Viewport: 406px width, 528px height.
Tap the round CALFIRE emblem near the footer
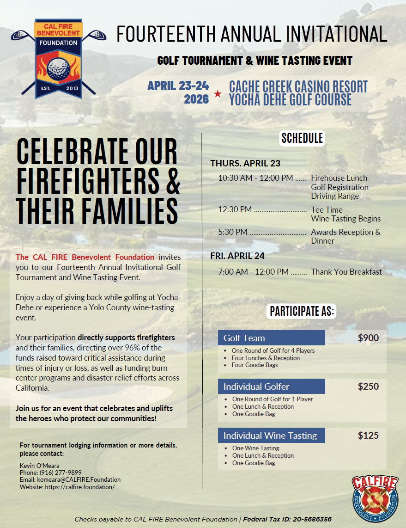tap(374, 498)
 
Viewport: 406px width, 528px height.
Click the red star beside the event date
tap(218, 94)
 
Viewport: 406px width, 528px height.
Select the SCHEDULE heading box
tap(302, 138)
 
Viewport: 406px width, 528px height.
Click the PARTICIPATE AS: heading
tap(302, 311)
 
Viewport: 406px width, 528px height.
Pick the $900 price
tap(368, 338)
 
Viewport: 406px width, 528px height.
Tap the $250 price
tap(368, 387)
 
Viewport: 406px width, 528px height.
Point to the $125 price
tap(368, 435)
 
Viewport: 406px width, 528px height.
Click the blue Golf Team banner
tap(271, 338)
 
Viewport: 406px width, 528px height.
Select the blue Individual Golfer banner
tap(271, 387)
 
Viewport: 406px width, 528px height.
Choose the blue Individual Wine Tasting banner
tap(271, 436)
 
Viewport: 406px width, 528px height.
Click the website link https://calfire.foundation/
tap(79, 487)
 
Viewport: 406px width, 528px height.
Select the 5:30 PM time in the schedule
tap(233, 232)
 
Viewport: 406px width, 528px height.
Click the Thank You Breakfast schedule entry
tap(346, 272)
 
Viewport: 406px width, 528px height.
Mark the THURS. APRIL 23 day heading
tap(245, 163)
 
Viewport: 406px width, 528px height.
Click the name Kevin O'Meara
tap(39, 465)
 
